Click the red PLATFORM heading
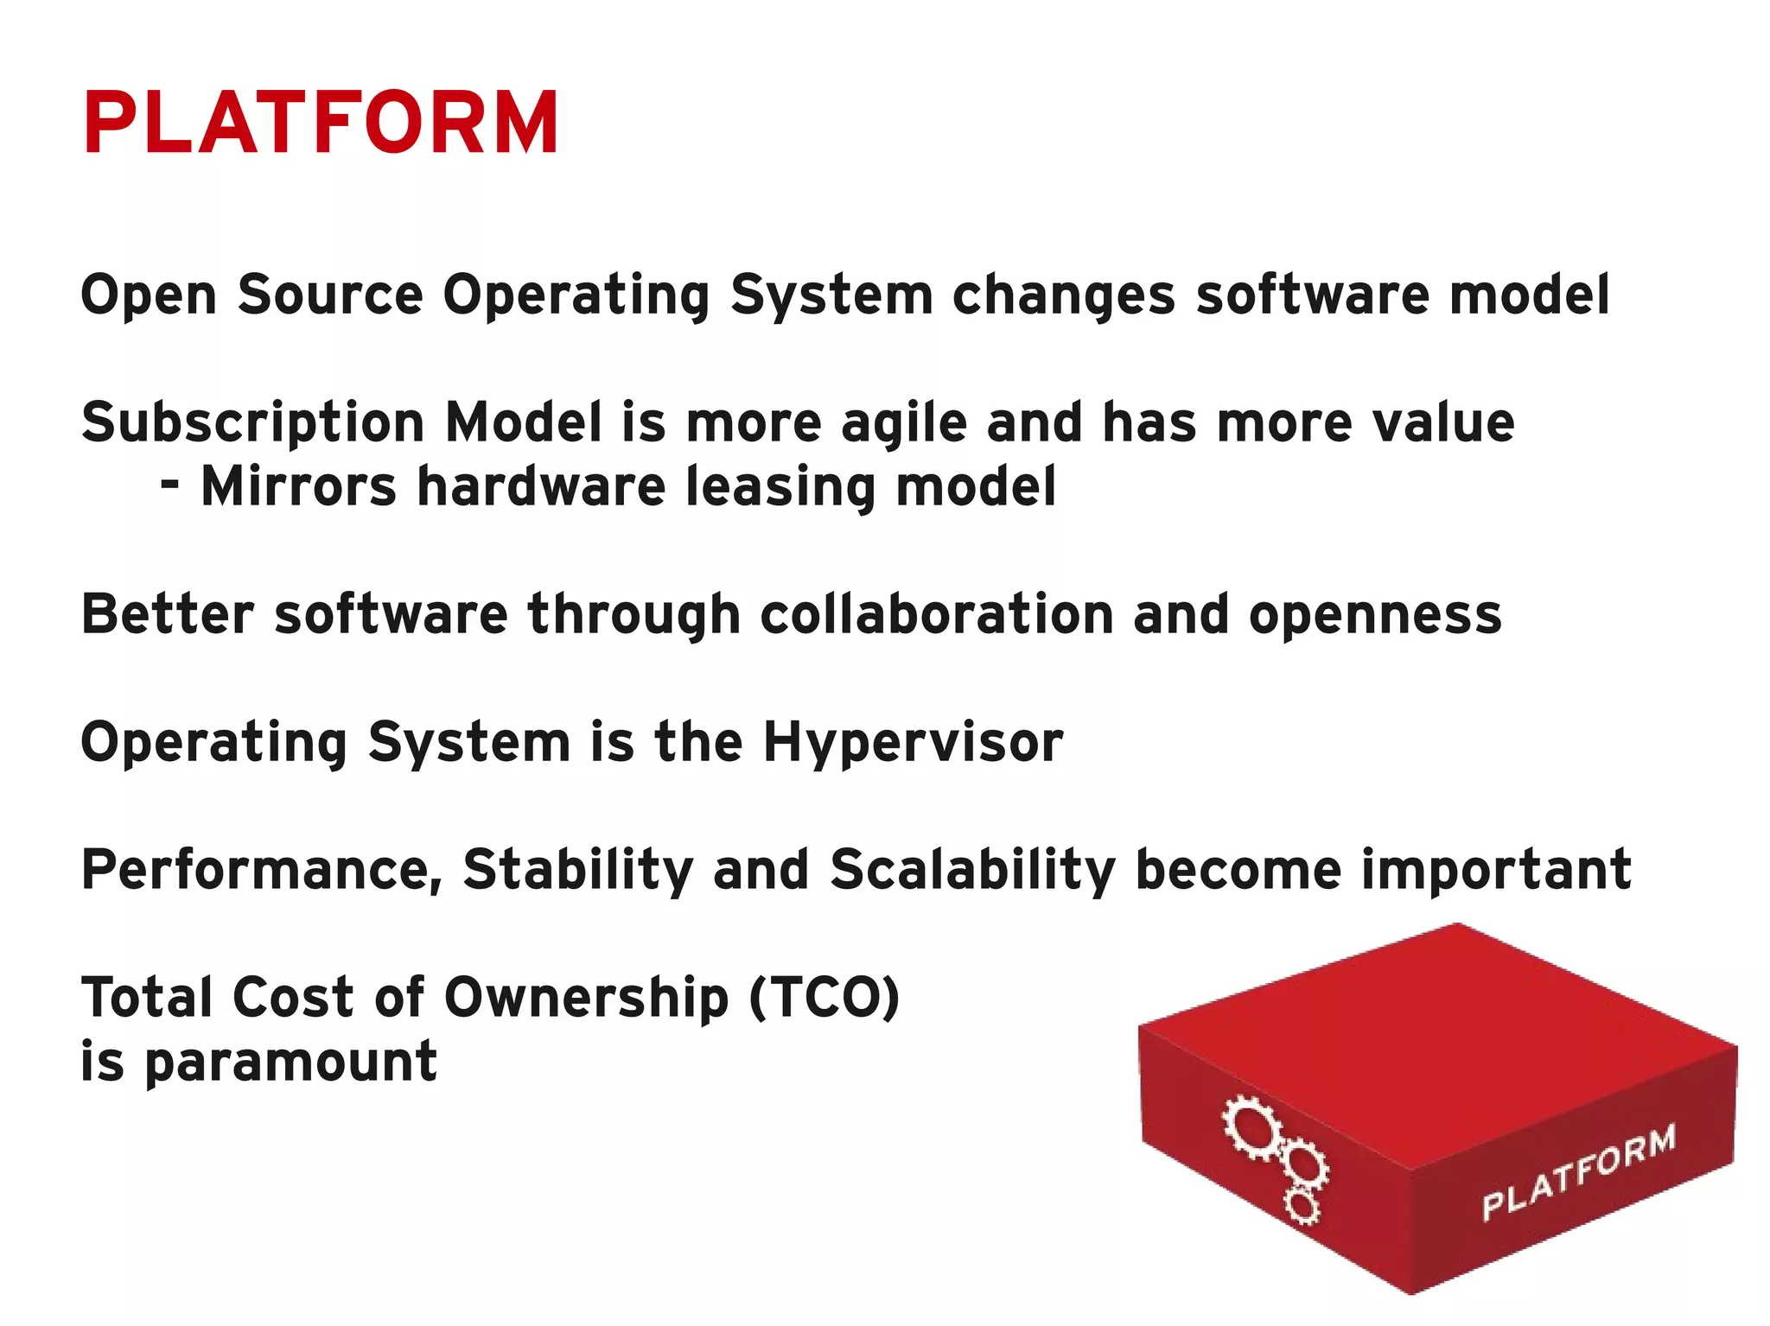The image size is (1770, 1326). [x=321, y=123]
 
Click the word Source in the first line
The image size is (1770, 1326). [x=330, y=295]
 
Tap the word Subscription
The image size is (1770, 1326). [x=252, y=423]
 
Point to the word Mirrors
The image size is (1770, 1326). [x=298, y=486]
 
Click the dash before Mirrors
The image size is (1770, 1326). [x=170, y=484]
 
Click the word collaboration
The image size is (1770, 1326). [x=936, y=614]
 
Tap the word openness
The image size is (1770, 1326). [x=1375, y=614]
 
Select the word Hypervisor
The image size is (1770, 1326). [x=913, y=742]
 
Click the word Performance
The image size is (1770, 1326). [x=262, y=869]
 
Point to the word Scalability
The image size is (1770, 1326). [x=972, y=869]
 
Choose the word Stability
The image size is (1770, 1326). [x=577, y=869]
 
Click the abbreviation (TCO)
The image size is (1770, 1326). [x=825, y=997]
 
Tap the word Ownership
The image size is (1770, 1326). [x=586, y=997]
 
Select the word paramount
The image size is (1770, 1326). [x=290, y=1062]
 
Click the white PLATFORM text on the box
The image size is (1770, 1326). [x=1579, y=1173]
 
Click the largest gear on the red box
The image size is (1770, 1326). [x=1251, y=1126]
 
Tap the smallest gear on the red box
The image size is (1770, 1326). [x=1302, y=1205]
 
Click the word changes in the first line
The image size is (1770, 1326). [x=1064, y=295]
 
